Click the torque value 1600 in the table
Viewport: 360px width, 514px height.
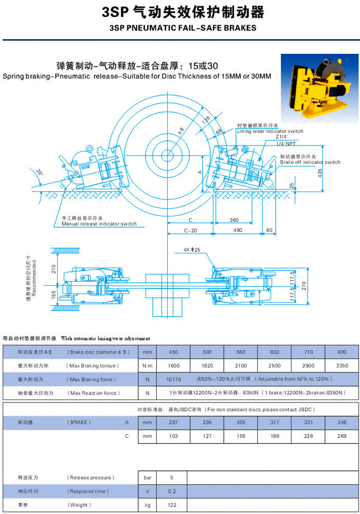[173, 365]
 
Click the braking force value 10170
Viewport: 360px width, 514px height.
[173, 379]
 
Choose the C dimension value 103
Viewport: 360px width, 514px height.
[173, 436]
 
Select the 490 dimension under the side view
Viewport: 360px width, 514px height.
[238, 231]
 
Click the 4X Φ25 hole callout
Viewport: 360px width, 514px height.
[191, 250]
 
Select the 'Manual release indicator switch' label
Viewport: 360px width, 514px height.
[99, 224]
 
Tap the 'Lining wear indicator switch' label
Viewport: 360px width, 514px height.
[270, 131]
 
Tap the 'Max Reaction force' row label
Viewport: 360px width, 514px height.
[92, 393]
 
